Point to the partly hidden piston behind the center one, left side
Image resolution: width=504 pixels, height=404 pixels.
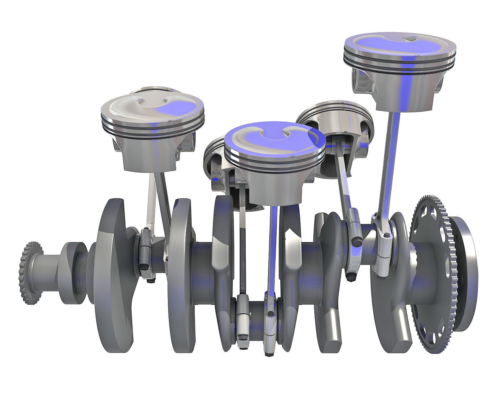[214, 164]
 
